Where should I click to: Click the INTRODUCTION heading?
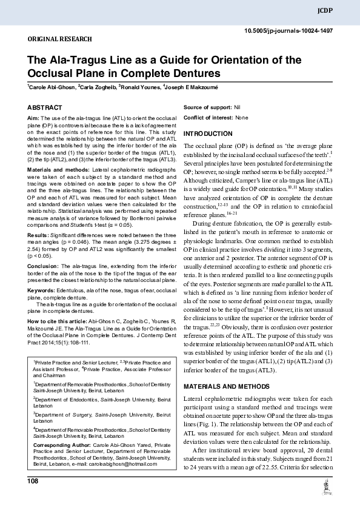pyautogui.click(x=207, y=133)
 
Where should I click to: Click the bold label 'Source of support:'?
pyautogui.click(x=207, y=107)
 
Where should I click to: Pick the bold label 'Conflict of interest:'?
pyautogui.click(x=208, y=117)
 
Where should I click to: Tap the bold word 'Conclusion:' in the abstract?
pyautogui.click(x=45, y=265)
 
